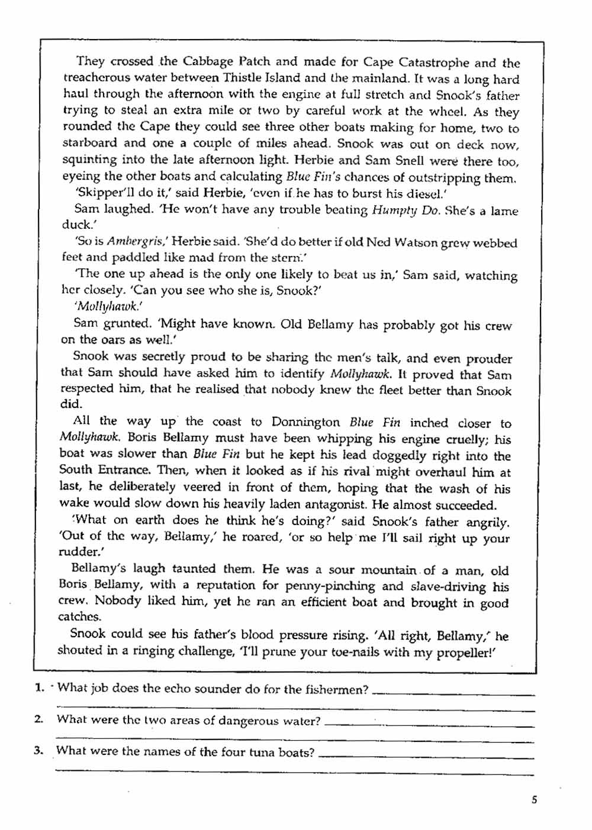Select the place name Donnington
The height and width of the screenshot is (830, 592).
point(305,422)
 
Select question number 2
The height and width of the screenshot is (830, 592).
point(39,719)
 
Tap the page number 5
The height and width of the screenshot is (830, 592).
point(534,800)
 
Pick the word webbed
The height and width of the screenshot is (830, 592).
point(496,243)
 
